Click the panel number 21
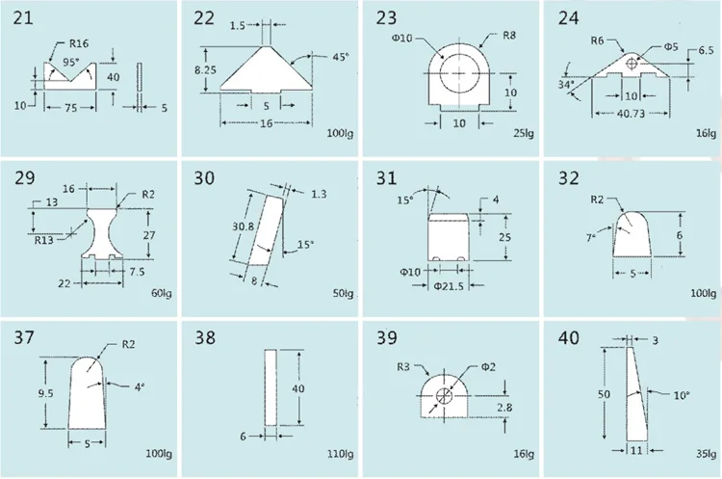(23, 19)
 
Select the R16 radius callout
(79, 43)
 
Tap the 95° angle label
(71, 63)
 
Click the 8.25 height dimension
(205, 70)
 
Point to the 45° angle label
(341, 57)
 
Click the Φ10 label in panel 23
(402, 38)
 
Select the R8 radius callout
(509, 36)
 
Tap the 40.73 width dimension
(631, 113)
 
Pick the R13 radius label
(44, 240)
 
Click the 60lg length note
(161, 293)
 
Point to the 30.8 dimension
(243, 226)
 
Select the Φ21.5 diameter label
(449, 286)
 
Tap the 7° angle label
(591, 238)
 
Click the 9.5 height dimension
(45, 393)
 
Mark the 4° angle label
(140, 387)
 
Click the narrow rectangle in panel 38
(271, 387)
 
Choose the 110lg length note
(340, 454)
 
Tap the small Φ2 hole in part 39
(445, 395)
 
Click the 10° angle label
(681, 395)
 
